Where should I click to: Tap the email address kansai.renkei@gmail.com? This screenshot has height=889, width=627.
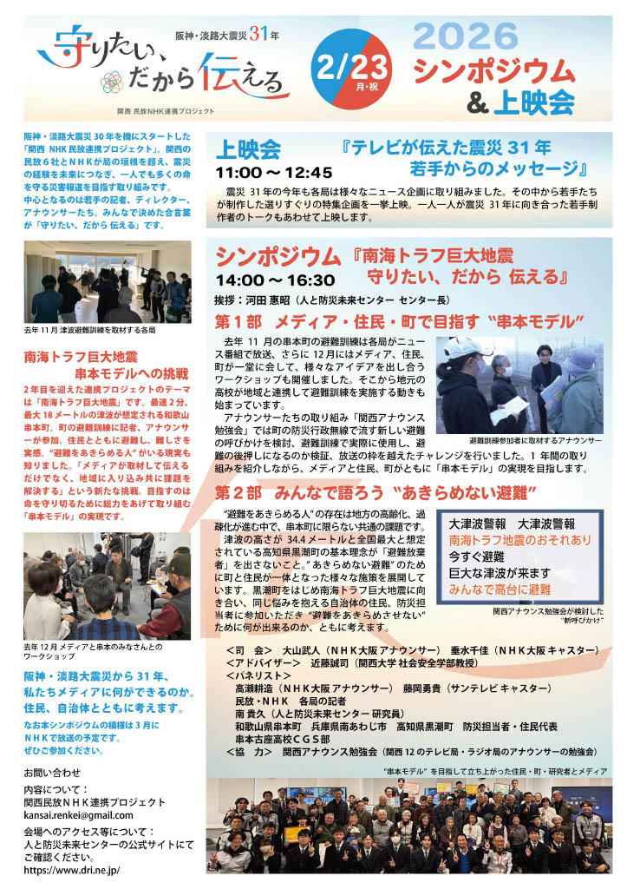point(79,815)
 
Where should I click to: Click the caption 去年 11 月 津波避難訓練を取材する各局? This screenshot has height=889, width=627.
point(91,330)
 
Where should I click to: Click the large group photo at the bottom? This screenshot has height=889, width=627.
point(408,826)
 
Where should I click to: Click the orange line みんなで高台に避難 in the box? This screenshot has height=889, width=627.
point(500,589)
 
